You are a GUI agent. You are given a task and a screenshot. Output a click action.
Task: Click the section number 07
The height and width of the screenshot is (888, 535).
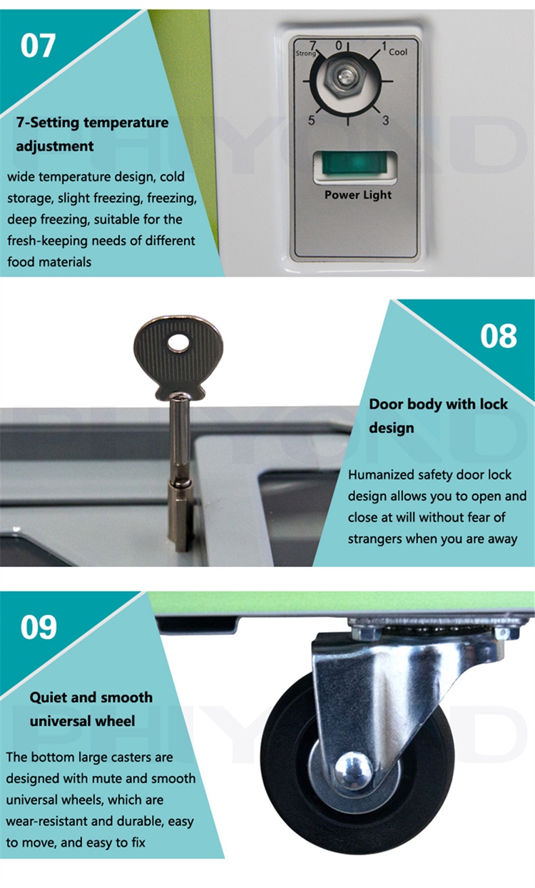click(x=38, y=46)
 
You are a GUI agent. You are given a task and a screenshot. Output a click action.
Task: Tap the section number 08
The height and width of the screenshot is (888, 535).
click(x=499, y=336)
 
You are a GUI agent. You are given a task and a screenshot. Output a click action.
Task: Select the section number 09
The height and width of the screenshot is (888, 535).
click(x=39, y=627)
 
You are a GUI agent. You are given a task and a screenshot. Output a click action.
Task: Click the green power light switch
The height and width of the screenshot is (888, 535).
click(x=355, y=164)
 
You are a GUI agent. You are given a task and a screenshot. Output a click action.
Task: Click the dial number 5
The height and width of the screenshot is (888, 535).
click(x=311, y=120)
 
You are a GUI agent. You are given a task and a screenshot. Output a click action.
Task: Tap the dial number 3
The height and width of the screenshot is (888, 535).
click(x=385, y=120)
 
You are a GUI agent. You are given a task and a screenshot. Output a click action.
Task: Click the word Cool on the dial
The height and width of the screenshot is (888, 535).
click(x=398, y=52)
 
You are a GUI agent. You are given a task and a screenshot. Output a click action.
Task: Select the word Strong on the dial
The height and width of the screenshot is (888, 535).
click(x=305, y=53)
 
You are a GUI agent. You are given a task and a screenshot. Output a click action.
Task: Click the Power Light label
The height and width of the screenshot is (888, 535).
click(x=357, y=195)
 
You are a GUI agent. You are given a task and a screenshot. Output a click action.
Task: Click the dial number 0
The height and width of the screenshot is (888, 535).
click(x=339, y=45)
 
